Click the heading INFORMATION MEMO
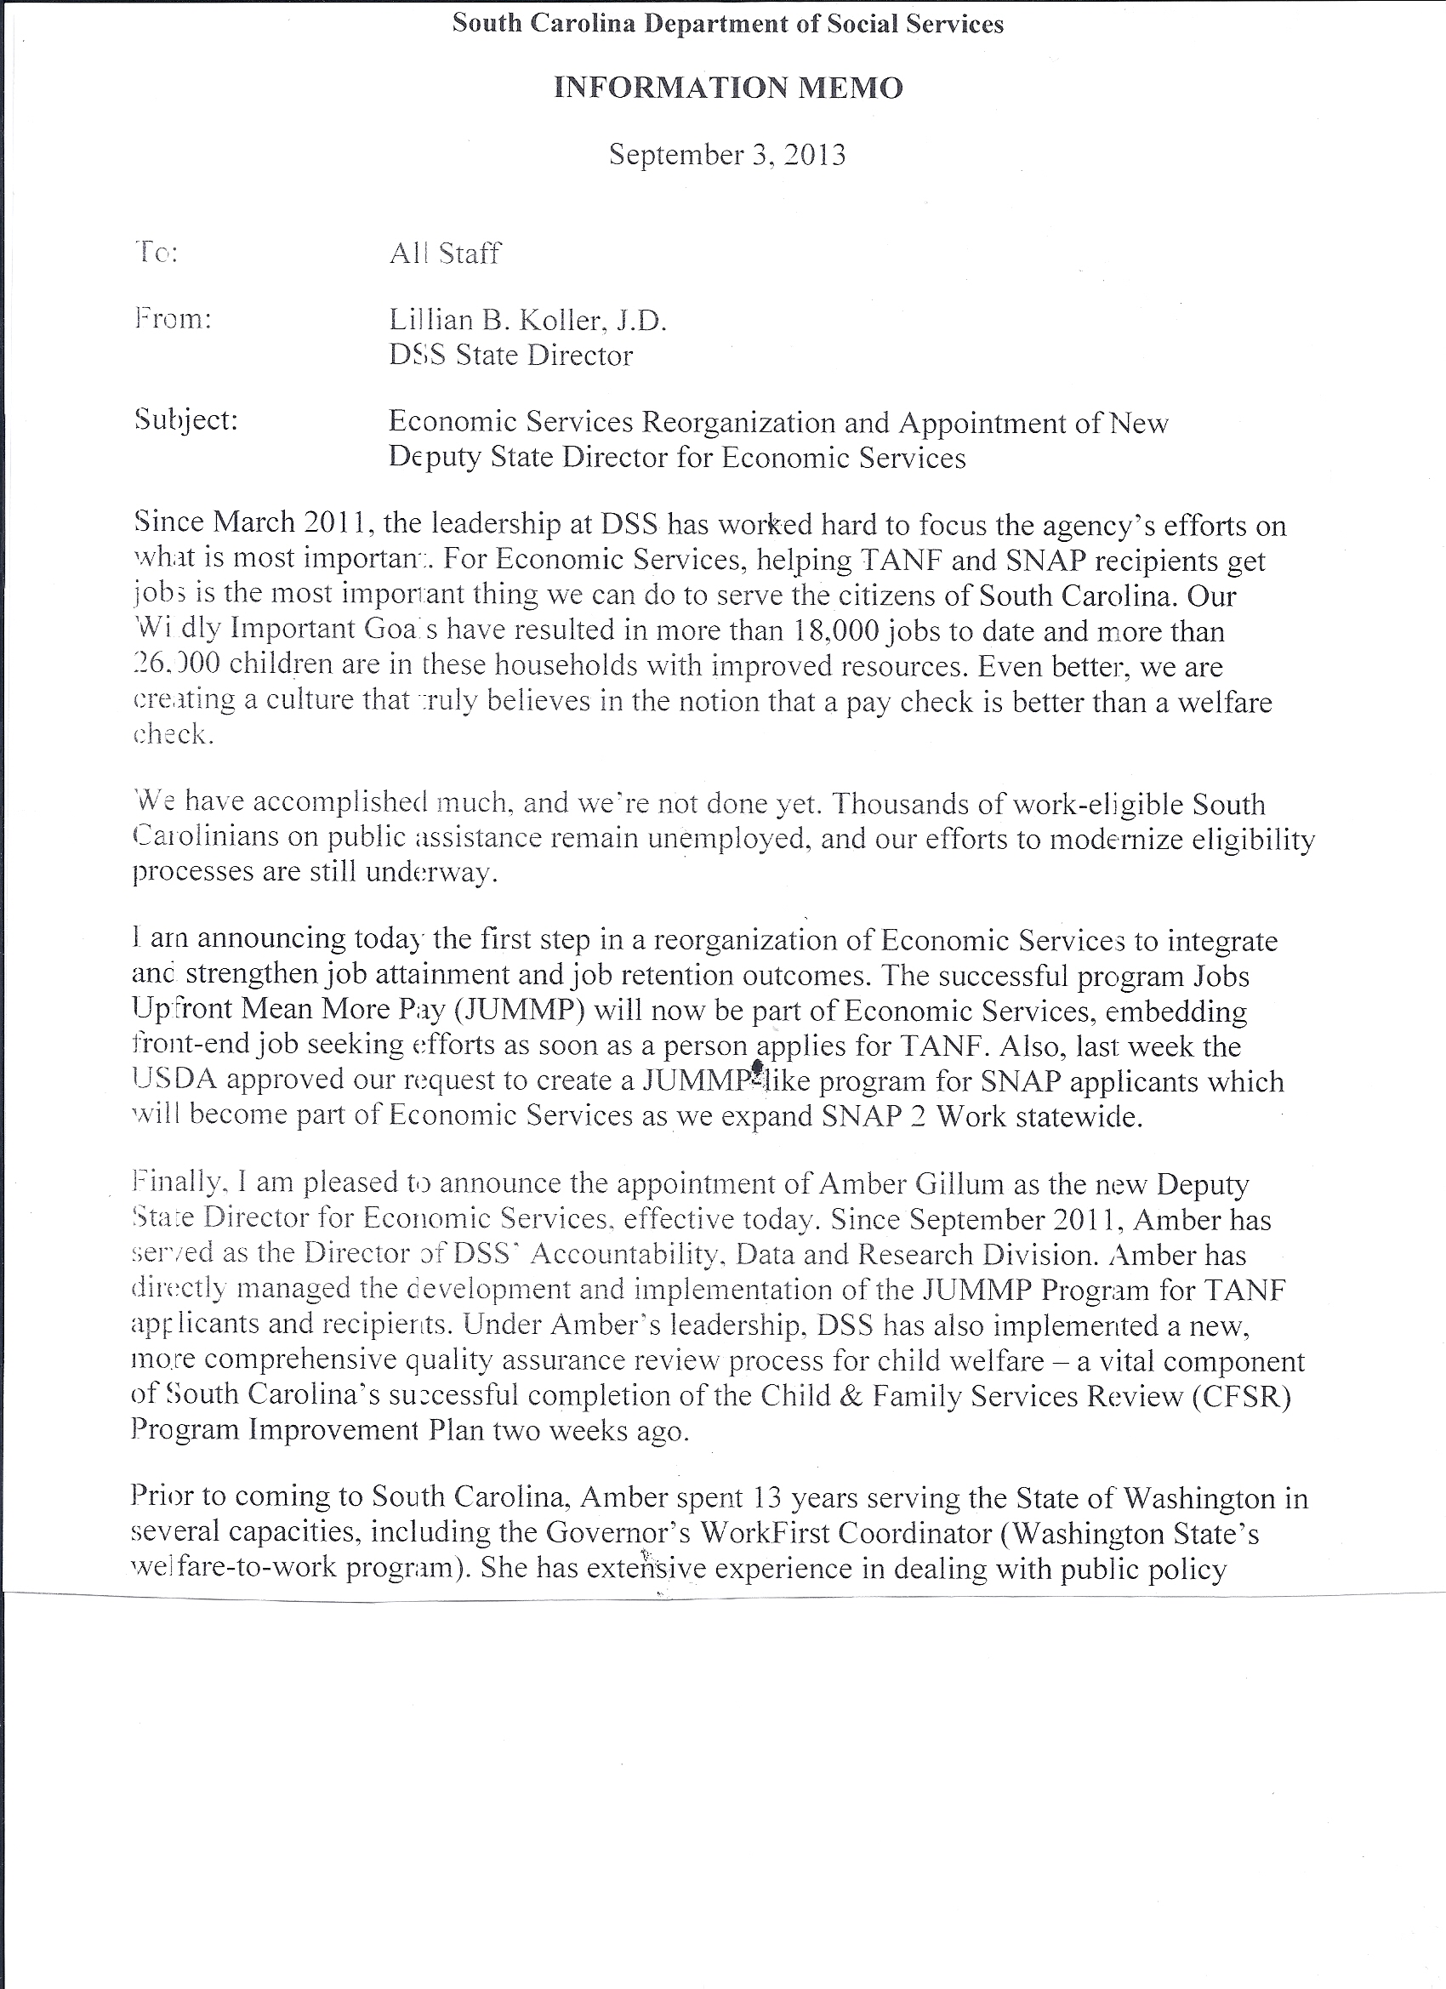coord(728,88)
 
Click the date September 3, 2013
coord(727,155)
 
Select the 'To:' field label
coord(157,254)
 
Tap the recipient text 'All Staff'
coord(445,254)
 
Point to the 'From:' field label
coord(173,318)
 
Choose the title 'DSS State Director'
coord(510,356)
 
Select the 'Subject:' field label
coord(186,420)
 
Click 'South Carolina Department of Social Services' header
coord(728,24)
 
